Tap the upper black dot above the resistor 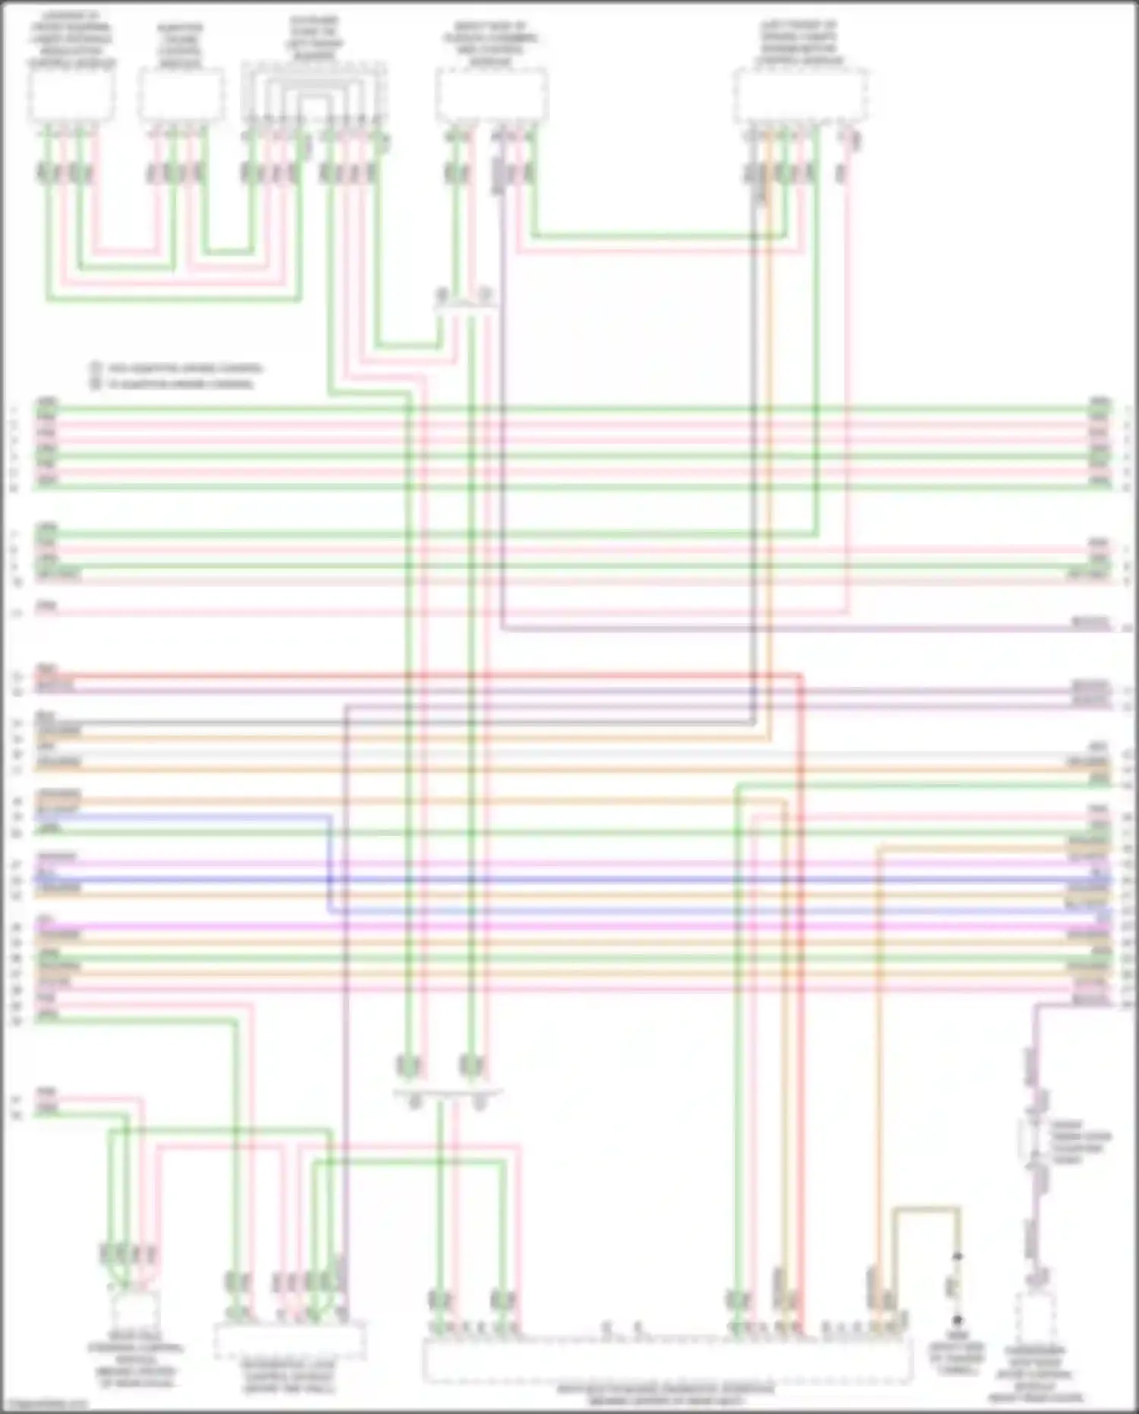click(x=958, y=1257)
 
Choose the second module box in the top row click(x=181, y=95)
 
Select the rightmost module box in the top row click(x=800, y=95)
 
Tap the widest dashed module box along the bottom click(x=667, y=1361)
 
